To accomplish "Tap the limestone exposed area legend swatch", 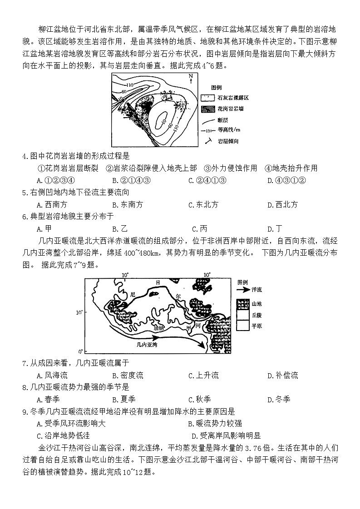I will (207, 98).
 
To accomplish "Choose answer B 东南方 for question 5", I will (128, 204).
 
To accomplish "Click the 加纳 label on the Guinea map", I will (159, 327).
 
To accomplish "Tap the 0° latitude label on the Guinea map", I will (80, 351).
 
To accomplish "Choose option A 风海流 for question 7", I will (52, 375).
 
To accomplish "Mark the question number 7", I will (25, 363).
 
